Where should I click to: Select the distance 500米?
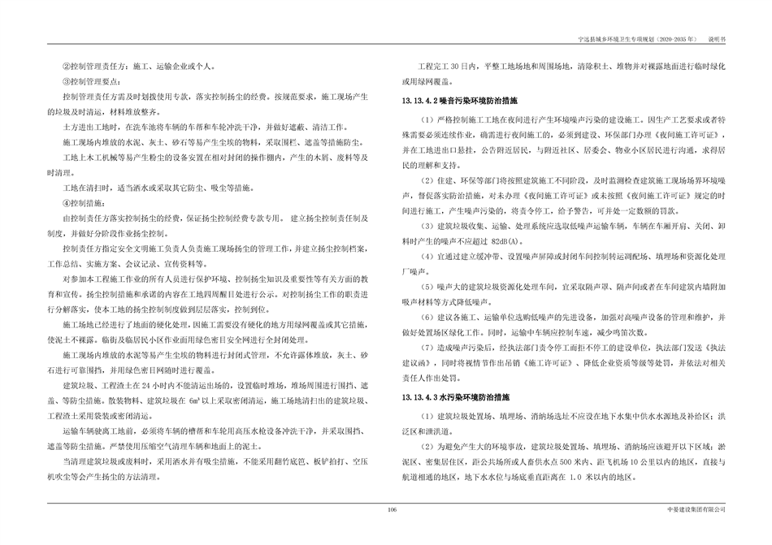click(x=574, y=461)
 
